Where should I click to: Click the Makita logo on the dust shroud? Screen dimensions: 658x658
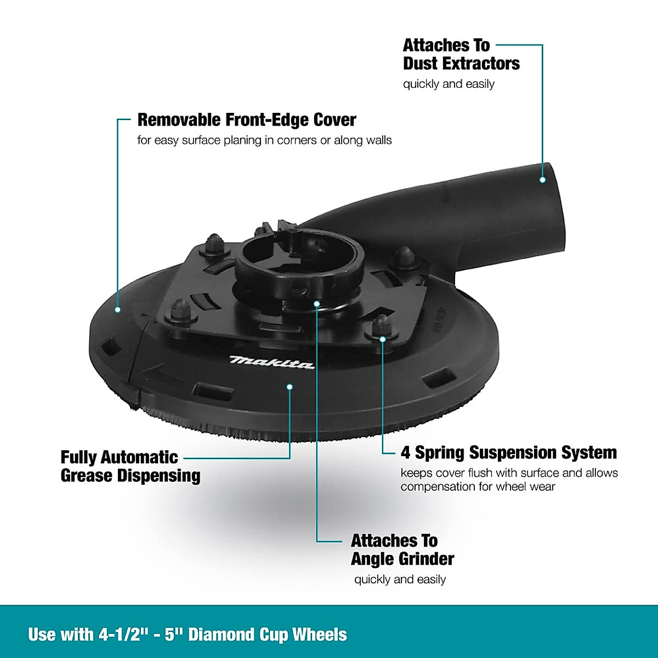pos(272,362)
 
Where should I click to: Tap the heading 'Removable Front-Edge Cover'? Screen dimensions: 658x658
pos(246,120)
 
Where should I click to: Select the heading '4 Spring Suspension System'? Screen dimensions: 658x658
pos(508,453)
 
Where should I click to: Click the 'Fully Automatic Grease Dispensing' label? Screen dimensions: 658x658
pos(130,466)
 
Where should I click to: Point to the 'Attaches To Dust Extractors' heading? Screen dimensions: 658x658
pos(461,54)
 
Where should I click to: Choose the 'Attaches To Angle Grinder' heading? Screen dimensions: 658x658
pos(402,550)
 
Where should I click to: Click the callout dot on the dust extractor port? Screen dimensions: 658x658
pos(542,180)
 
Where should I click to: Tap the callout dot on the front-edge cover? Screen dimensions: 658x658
pos(117,310)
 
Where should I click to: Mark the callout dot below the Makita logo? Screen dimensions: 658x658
pos(290,387)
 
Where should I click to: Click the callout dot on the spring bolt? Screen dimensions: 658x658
pos(383,339)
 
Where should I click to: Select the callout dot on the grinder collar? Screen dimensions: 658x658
pos(316,302)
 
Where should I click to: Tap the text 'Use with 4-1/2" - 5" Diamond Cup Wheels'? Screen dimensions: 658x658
pos(188,634)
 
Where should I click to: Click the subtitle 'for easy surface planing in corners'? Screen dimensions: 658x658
pos(264,140)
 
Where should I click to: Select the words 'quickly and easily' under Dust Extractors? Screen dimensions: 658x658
pos(449,84)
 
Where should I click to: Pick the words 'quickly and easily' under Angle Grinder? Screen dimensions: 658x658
pos(400,580)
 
